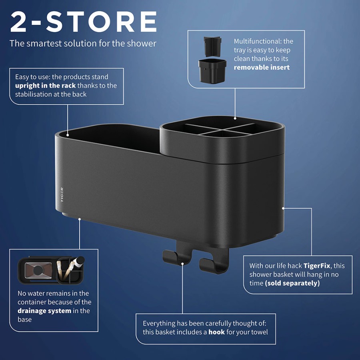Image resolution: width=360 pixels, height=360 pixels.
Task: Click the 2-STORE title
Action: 84,22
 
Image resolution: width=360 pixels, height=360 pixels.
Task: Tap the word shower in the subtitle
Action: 141,43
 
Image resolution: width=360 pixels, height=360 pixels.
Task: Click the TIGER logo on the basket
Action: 62,194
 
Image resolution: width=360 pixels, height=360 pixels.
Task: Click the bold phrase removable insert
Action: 262,67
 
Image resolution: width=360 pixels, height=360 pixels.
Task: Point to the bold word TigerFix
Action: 317,266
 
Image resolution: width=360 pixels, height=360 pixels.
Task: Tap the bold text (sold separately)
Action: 292,283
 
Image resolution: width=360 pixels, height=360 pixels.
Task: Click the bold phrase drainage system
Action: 44,311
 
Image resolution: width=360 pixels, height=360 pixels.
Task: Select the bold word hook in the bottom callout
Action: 216,332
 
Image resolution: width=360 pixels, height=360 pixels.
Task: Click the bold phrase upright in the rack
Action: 45,86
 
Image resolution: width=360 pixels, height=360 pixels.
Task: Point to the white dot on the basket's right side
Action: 283,208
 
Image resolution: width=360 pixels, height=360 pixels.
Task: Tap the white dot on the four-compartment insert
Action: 235,118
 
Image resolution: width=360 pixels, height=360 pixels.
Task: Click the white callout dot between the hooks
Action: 183,263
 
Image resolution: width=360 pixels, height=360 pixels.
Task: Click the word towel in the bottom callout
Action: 259,332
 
